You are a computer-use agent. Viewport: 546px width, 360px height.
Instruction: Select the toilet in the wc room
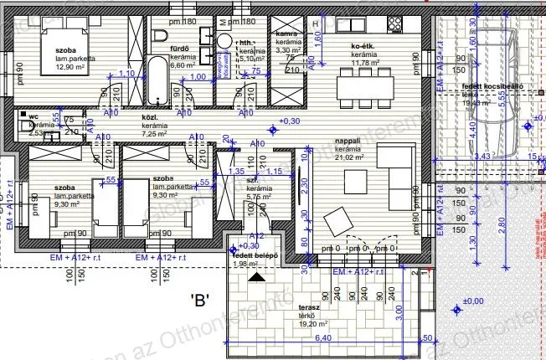(x=24, y=126)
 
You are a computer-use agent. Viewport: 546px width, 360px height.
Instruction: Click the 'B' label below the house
(x=198, y=297)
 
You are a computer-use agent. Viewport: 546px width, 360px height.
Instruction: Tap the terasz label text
(x=309, y=307)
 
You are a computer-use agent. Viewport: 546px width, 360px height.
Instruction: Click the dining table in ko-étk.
(x=365, y=85)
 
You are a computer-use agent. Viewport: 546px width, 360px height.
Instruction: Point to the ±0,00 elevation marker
(x=473, y=301)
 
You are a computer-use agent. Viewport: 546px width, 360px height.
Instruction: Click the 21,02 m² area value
(x=349, y=157)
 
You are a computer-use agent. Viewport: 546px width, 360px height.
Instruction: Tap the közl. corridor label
(x=151, y=118)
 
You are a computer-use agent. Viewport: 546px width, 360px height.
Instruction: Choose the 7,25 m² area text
(x=156, y=134)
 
